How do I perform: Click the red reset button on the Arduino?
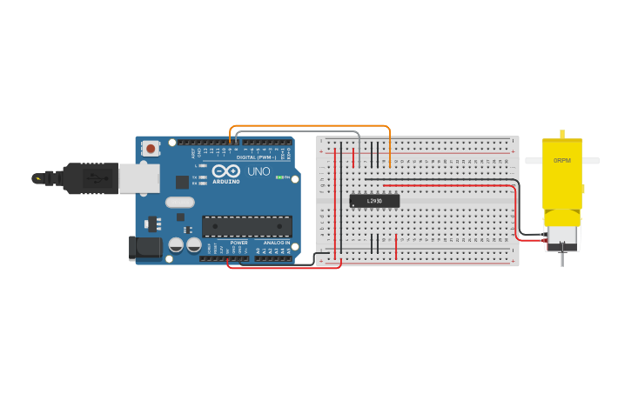click(x=151, y=149)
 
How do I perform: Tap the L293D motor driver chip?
click(x=374, y=201)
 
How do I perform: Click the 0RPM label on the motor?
click(x=562, y=161)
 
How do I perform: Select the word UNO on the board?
click(x=258, y=171)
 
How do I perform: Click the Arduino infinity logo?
click(x=225, y=170)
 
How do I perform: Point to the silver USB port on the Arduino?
click(x=139, y=177)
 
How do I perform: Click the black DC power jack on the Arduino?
click(x=144, y=247)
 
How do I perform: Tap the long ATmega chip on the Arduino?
click(x=246, y=226)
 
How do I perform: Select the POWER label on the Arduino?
click(x=238, y=243)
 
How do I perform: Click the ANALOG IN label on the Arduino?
click(x=276, y=243)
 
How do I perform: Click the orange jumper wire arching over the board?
click(x=309, y=127)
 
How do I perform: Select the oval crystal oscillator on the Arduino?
click(x=179, y=203)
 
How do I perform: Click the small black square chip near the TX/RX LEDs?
click(x=182, y=182)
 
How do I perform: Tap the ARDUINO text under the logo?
click(x=226, y=181)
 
